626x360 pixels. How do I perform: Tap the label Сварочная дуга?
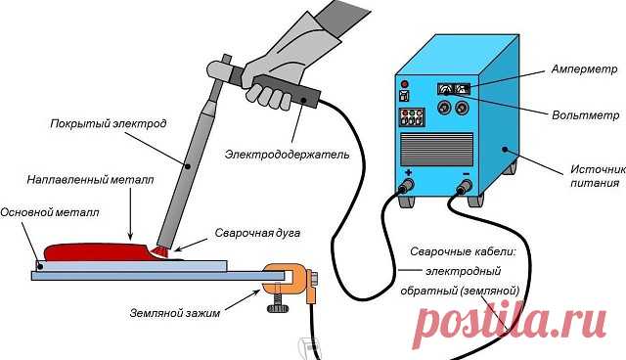(x=250, y=236)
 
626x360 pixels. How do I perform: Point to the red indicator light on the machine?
(x=404, y=85)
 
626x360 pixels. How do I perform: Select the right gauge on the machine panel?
(x=463, y=89)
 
